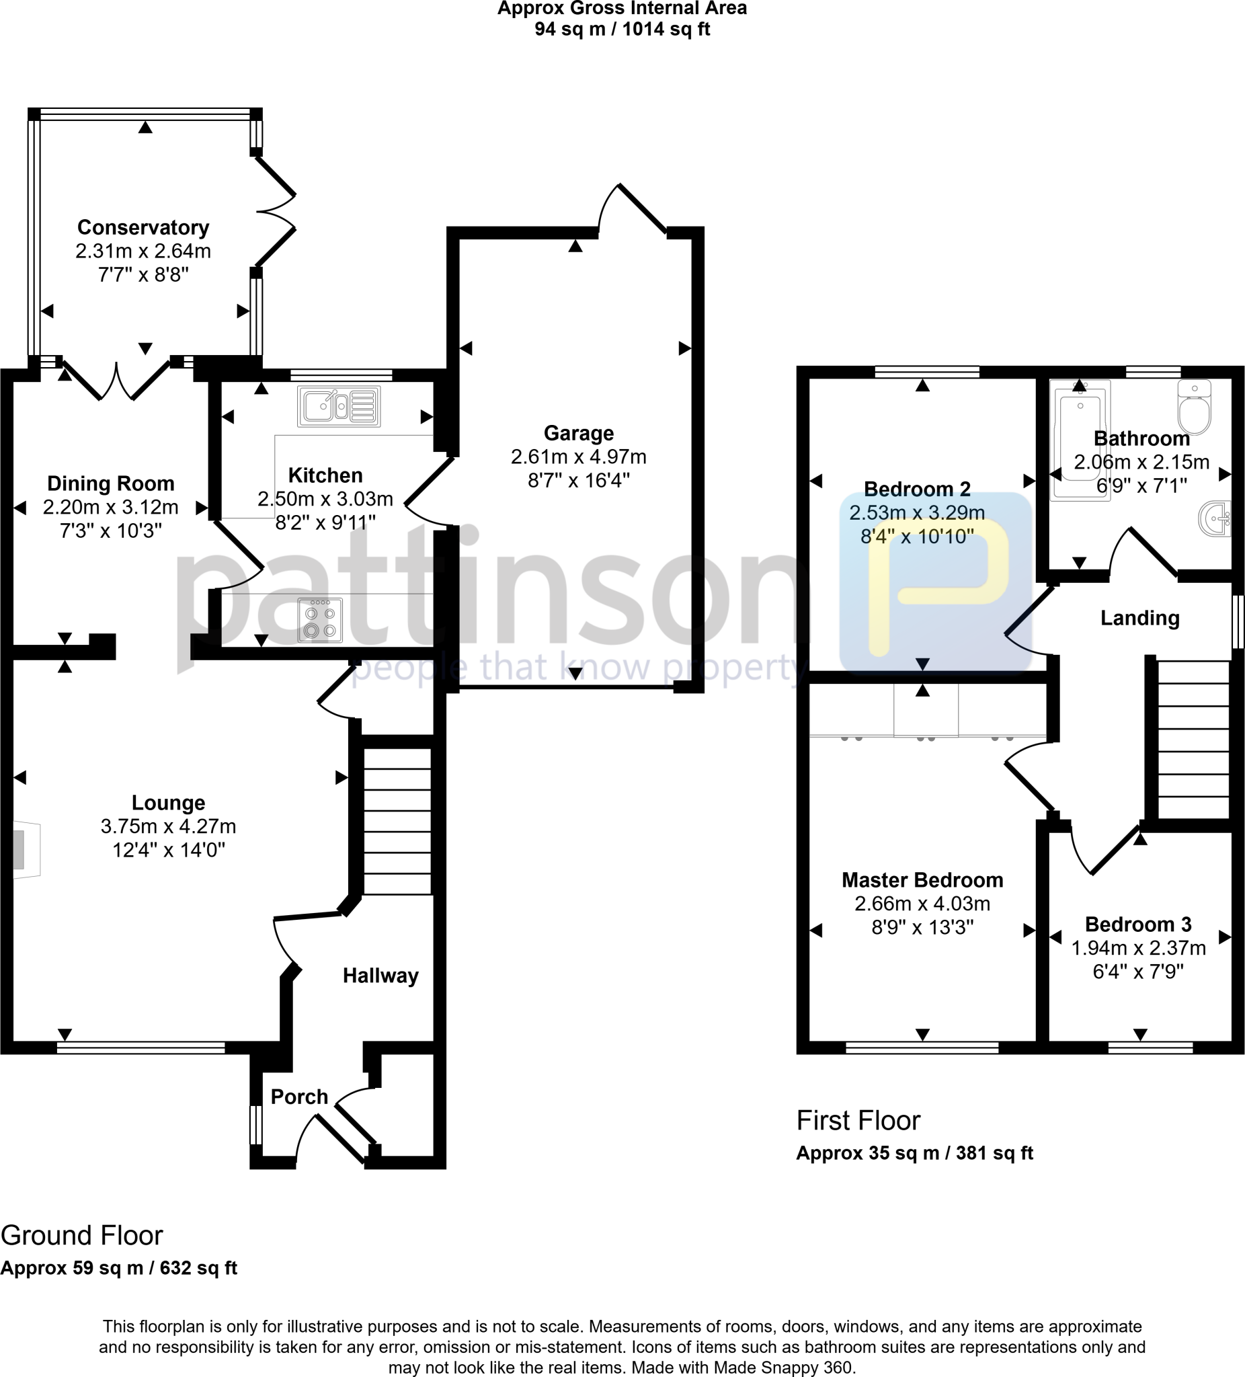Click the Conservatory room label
tap(143, 227)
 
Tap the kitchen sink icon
tap(339, 406)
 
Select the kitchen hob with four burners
tap(319, 620)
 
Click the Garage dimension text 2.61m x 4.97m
tap(578, 457)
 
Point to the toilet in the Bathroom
tap(1194, 408)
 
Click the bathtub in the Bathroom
tap(1080, 440)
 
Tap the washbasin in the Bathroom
tap(1215, 518)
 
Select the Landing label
tap(1140, 618)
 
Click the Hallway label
tap(380, 976)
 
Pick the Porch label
tap(299, 1096)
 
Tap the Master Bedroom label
tap(922, 879)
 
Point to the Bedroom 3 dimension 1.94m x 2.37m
tap(1138, 948)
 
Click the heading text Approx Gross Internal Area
tap(621, 9)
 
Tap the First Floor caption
tap(858, 1120)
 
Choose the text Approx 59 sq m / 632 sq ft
tap(119, 1267)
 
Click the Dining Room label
tap(111, 483)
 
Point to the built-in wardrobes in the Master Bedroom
tap(926, 711)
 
